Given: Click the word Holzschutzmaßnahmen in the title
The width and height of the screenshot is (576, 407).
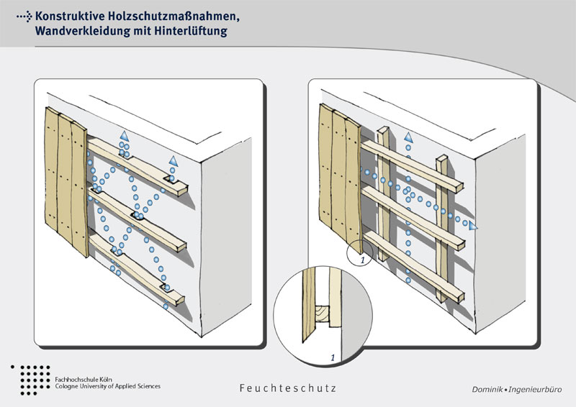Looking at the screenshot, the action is point(174,17).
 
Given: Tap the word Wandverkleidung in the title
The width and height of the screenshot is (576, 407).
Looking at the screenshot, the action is point(83,31).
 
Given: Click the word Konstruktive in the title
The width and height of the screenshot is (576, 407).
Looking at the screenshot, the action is point(70,17).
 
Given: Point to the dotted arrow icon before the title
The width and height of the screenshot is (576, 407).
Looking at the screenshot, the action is point(24,17).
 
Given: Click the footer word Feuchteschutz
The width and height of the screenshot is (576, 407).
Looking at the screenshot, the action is point(287,388).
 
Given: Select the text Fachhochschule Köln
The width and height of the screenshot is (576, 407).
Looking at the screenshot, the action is point(84,379).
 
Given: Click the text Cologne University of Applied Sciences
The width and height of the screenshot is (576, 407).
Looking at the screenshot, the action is point(107,386).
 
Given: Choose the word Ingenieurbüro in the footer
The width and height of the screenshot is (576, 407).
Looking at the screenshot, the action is point(535,390).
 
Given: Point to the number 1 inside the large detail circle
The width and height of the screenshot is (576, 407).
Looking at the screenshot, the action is point(333,357).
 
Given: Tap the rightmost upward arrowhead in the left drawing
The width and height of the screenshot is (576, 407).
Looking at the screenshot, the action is point(174,161).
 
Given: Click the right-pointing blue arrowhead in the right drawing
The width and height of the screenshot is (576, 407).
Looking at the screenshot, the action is point(473,226).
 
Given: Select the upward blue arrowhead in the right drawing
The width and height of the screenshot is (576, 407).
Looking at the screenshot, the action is point(408,137).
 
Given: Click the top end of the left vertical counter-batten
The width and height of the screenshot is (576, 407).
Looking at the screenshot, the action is point(384,129).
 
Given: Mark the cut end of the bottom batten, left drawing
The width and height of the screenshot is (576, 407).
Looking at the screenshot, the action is point(180,300).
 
